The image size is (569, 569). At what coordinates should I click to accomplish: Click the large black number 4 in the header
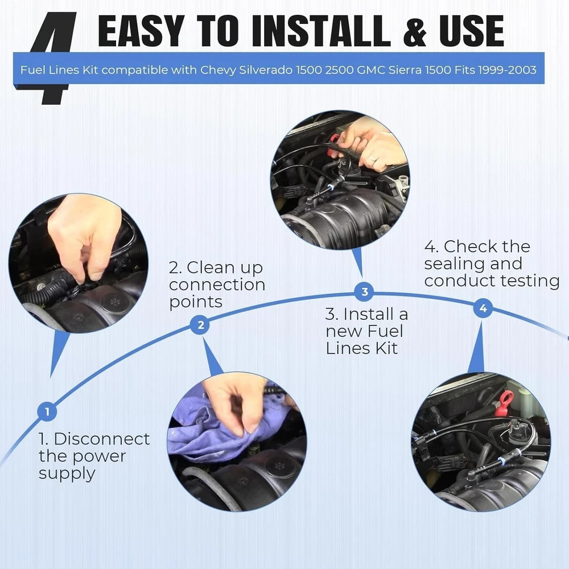(x=55, y=58)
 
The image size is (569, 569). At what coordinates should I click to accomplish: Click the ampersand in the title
(x=415, y=31)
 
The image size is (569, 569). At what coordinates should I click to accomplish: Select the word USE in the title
(x=471, y=31)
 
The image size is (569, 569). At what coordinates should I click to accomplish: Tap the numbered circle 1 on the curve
(x=47, y=411)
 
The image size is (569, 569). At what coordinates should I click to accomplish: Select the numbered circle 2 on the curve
(x=200, y=325)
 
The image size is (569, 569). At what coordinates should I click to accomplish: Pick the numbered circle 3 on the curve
(x=365, y=292)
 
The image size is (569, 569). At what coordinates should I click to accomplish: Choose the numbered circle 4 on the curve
(x=483, y=308)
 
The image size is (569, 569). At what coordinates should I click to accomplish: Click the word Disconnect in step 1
(x=102, y=439)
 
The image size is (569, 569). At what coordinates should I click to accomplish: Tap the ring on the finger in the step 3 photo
(x=373, y=159)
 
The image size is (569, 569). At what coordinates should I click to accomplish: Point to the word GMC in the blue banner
(x=371, y=69)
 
